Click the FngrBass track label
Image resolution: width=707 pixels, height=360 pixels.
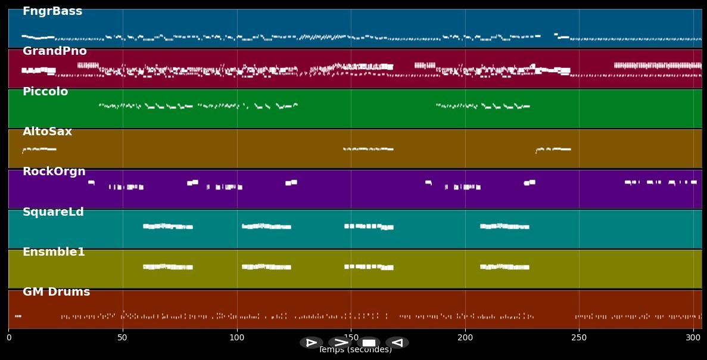[x=52, y=11]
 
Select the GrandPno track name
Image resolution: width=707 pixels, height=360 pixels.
[x=55, y=51]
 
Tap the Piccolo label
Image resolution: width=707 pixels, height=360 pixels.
[x=45, y=92]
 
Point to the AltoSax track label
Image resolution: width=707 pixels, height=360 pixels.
[x=47, y=132]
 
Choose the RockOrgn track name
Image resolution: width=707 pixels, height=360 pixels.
[x=54, y=172]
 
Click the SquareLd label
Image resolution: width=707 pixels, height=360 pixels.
[x=53, y=212]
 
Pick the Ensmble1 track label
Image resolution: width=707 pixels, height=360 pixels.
[x=54, y=252]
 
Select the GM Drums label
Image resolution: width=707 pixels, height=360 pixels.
[x=56, y=292]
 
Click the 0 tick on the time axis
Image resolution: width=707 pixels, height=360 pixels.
[x=8, y=337]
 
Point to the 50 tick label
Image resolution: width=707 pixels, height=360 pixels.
[x=123, y=337]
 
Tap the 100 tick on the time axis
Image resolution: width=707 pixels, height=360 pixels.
[x=237, y=337]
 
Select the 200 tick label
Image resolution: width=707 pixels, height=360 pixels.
[x=465, y=337]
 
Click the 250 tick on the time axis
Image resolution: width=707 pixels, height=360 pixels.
[x=579, y=337]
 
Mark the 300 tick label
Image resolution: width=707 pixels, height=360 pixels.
[x=693, y=337]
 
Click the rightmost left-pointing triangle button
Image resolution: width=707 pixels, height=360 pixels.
[x=397, y=343]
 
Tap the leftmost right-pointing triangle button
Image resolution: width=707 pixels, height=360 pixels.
[x=311, y=343]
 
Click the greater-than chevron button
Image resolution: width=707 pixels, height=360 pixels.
[x=340, y=343]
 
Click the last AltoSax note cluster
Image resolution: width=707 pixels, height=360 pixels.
[x=553, y=149]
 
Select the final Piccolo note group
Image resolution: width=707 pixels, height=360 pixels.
[x=482, y=106]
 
